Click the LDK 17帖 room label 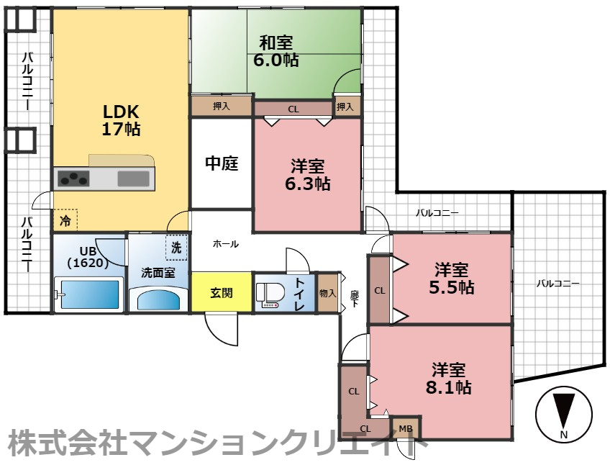click(121, 120)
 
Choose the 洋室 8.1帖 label click(452, 379)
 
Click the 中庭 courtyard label click(222, 163)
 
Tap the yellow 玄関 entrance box click(222, 292)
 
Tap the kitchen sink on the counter click(133, 178)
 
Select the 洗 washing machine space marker click(176, 248)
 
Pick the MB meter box click(406, 429)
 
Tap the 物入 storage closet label click(328, 292)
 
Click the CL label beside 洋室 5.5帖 click(380, 290)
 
